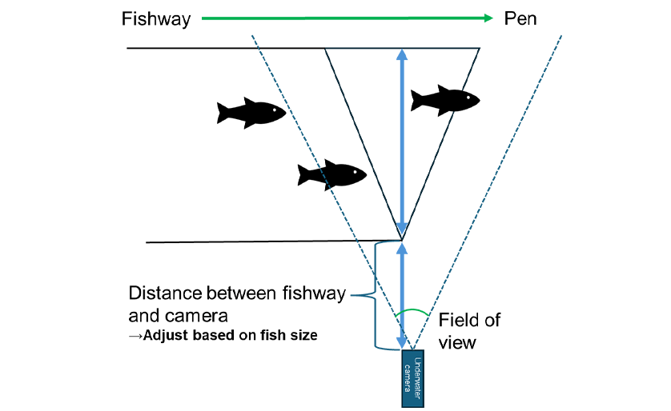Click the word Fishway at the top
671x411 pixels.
click(156, 18)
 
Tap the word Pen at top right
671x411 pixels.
click(520, 18)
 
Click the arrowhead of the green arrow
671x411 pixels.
click(486, 18)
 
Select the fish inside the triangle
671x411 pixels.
click(444, 100)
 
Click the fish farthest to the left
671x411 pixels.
click(251, 113)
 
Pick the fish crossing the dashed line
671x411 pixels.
click(331, 173)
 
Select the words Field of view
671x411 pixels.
click(469, 331)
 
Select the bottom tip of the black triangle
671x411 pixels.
click(402, 239)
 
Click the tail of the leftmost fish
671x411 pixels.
click(224, 113)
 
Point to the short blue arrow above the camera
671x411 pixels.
click(402, 296)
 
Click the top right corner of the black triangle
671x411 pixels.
click(479, 48)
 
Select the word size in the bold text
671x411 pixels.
click(301, 335)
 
